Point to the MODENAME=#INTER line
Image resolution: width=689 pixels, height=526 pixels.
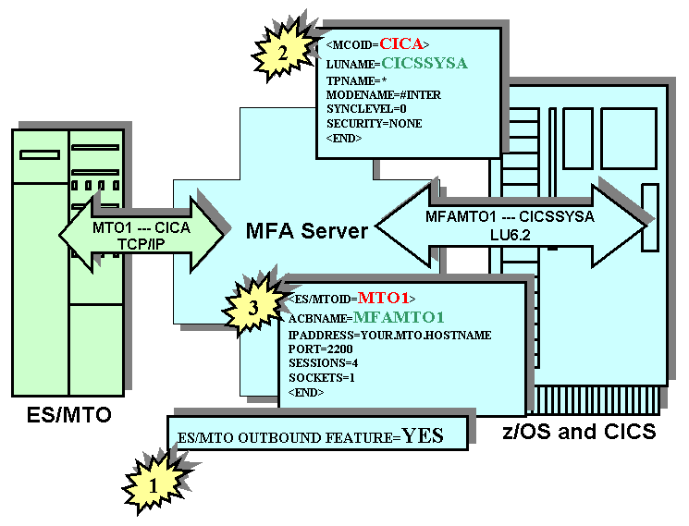(384, 94)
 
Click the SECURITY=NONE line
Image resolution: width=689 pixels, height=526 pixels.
(375, 123)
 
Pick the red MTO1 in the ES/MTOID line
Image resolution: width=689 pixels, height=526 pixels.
(383, 298)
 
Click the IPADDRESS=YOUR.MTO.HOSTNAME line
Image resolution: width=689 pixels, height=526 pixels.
(389, 335)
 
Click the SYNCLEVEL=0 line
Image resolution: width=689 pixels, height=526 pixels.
(366, 109)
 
